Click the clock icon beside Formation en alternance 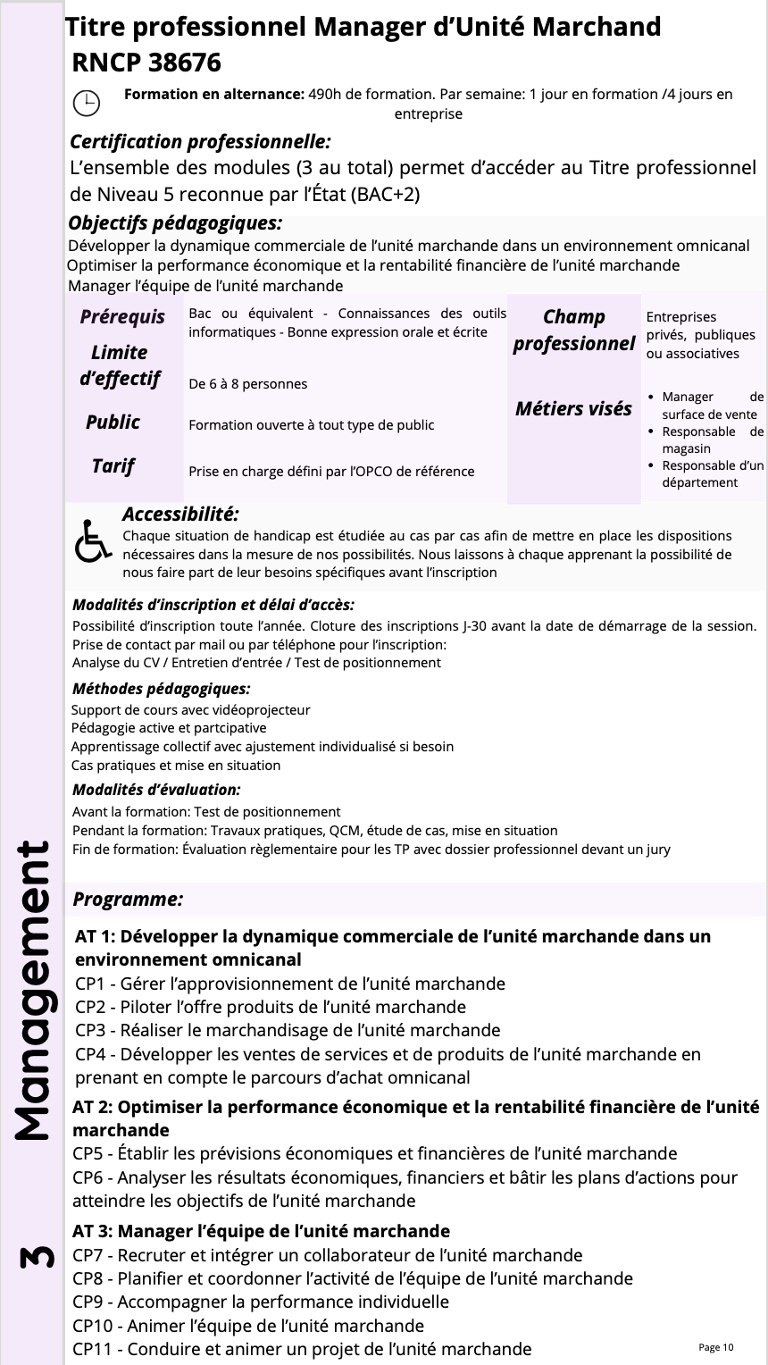tap(86, 103)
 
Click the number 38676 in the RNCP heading tap(177, 63)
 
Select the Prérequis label tap(122, 316)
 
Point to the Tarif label tap(113, 465)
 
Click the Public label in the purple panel tap(113, 422)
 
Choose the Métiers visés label tap(572, 409)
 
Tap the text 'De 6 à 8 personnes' tap(248, 384)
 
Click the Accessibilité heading tap(180, 515)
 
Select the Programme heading tap(128, 900)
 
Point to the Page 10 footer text tap(715, 1347)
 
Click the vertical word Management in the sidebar tap(32, 992)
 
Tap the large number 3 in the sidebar tap(32, 1259)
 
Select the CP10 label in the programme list tap(94, 1325)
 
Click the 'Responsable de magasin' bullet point tap(712, 440)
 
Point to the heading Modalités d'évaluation tap(156, 790)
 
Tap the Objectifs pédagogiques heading tap(175, 223)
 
